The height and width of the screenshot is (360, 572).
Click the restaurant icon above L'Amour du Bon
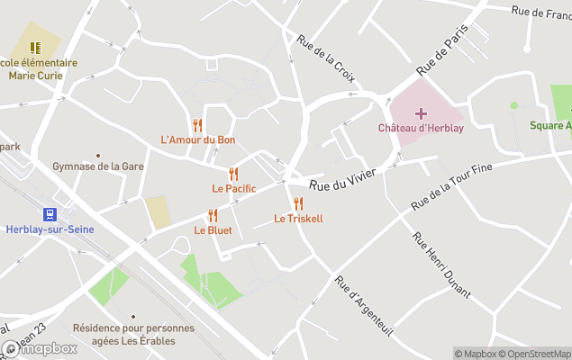click(x=197, y=125)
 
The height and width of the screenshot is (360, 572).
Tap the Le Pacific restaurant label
click(x=234, y=188)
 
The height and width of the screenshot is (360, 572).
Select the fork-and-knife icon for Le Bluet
click(x=213, y=215)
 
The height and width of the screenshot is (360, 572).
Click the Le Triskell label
click(x=298, y=219)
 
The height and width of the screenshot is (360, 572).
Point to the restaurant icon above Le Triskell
click(x=298, y=203)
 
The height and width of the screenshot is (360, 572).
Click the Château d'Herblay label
click(x=421, y=128)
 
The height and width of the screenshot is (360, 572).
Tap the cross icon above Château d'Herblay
click(x=421, y=113)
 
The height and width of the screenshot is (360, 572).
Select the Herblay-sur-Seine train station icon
click(x=48, y=214)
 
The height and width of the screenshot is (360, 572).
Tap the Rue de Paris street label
click(x=443, y=51)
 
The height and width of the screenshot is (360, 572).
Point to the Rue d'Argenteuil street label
click(x=364, y=303)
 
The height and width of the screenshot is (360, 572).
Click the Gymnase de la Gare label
click(x=98, y=166)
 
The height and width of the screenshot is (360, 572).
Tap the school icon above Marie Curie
click(x=35, y=48)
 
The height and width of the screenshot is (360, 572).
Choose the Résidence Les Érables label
click(x=133, y=334)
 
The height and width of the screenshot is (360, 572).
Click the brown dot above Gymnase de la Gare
click(x=98, y=155)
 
